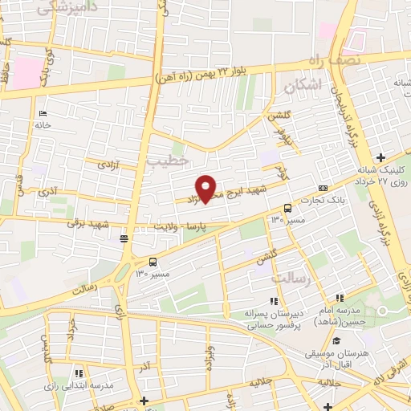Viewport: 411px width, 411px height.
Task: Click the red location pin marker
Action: (x=207, y=188)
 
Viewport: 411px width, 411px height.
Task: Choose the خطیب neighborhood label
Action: (x=167, y=161)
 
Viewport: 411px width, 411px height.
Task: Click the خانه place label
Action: (x=42, y=125)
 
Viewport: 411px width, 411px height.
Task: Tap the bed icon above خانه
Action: (x=43, y=113)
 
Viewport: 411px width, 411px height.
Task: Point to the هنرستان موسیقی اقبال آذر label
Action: (x=336, y=357)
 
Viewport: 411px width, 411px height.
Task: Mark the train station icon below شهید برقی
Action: (x=124, y=238)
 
